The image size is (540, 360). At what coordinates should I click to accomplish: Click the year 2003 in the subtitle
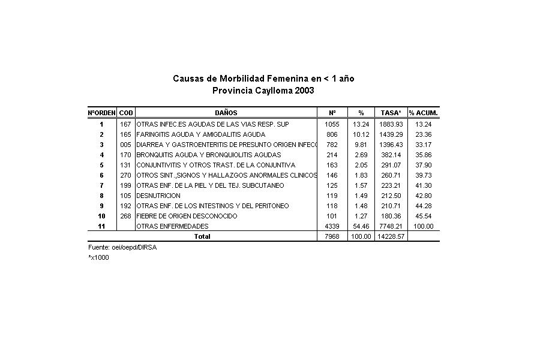pyautogui.click(x=303, y=91)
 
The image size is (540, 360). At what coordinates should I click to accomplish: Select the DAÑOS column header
pyautogui.click(x=226, y=113)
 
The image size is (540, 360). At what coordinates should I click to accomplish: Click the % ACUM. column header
pyautogui.click(x=424, y=113)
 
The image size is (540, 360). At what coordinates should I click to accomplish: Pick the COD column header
pyautogui.click(x=126, y=113)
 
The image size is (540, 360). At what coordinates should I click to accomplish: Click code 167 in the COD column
pyautogui.click(x=125, y=124)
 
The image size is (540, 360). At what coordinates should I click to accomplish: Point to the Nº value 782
pyautogui.click(x=332, y=145)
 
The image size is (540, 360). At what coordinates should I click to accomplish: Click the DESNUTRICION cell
pyautogui.click(x=158, y=196)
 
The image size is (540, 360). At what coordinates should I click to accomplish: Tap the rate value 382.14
pyautogui.click(x=391, y=155)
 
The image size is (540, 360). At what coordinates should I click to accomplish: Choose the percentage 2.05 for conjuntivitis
pyautogui.click(x=361, y=165)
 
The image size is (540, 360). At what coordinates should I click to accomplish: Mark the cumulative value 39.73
pyautogui.click(x=424, y=175)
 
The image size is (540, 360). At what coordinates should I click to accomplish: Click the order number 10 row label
pyautogui.click(x=102, y=216)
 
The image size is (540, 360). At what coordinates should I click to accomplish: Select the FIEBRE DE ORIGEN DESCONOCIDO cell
pyautogui.click(x=187, y=216)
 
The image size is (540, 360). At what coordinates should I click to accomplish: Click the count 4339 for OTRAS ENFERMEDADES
pyautogui.click(x=332, y=226)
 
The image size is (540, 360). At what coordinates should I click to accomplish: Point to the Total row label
pyautogui.click(x=202, y=236)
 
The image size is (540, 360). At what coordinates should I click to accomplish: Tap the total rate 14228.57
pyautogui.click(x=391, y=236)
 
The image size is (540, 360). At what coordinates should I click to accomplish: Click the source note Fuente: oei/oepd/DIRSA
pyautogui.click(x=122, y=248)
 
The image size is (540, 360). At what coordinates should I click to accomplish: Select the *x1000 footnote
pyautogui.click(x=99, y=257)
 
